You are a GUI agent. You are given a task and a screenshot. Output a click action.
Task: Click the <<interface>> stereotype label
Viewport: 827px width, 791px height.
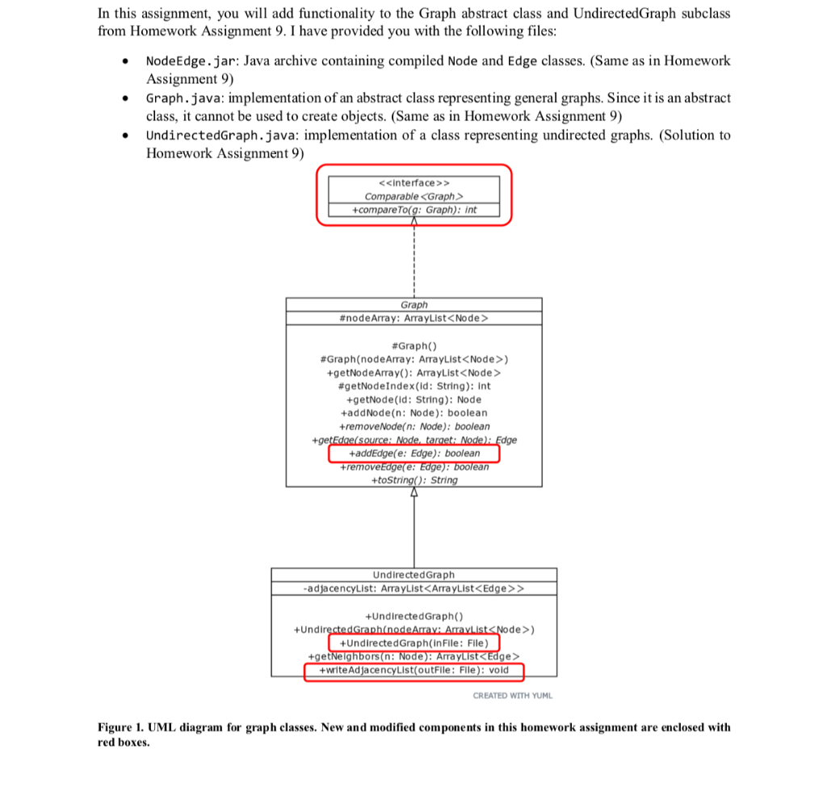pyautogui.click(x=413, y=183)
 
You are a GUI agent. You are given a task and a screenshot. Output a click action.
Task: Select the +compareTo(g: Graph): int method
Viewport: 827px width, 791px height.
pyautogui.click(x=413, y=210)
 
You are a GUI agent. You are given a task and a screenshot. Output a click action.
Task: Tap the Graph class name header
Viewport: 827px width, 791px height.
pyautogui.click(x=413, y=305)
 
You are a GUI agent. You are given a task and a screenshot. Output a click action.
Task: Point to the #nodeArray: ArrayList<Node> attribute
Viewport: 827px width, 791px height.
pyautogui.click(x=413, y=318)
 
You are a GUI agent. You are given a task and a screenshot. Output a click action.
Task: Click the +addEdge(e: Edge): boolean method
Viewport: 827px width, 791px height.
pyautogui.click(x=413, y=454)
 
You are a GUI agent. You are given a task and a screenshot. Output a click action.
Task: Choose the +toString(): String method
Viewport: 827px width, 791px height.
pyautogui.click(x=413, y=480)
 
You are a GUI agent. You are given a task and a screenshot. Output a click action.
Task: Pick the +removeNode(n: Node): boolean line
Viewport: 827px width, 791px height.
pyautogui.click(x=413, y=426)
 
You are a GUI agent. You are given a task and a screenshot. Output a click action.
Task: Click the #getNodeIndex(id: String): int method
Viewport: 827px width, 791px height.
pyautogui.click(x=413, y=386)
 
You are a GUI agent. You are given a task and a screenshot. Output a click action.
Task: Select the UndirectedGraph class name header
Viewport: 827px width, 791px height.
pyautogui.click(x=413, y=575)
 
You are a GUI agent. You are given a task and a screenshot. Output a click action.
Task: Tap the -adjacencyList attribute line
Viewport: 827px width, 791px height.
pyautogui.click(x=413, y=588)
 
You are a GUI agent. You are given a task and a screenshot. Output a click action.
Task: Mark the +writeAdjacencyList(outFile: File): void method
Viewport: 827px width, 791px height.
pyautogui.click(x=413, y=670)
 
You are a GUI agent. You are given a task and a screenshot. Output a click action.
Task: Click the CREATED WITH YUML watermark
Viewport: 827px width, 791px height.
pyautogui.click(x=513, y=696)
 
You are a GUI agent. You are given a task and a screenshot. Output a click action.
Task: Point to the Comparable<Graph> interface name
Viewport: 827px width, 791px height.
pyautogui.click(x=413, y=197)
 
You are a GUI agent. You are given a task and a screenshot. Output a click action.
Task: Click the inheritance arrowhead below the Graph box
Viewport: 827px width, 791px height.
pyautogui.click(x=414, y=492)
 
